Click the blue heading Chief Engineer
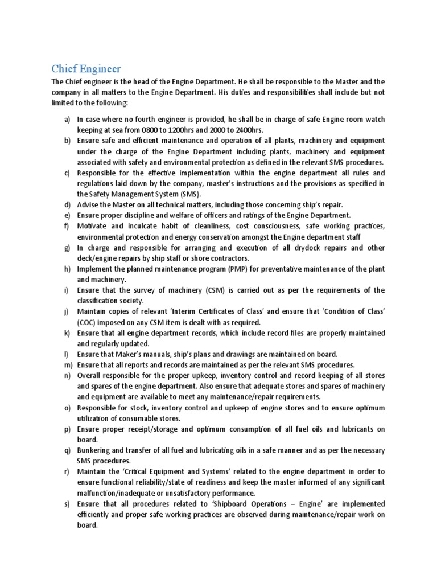tap(86, 69)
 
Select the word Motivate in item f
tap(94, 226)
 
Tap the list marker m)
tap(67, 365)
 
